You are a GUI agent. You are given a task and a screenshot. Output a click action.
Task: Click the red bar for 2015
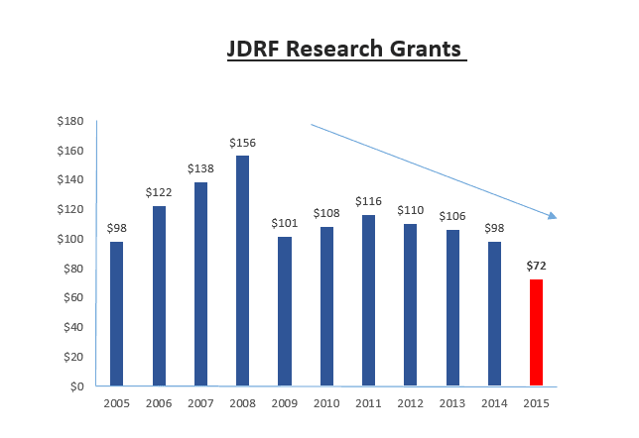[536, 332]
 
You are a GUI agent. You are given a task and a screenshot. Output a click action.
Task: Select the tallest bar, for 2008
[242, 271]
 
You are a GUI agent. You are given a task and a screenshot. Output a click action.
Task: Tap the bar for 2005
[116, 313]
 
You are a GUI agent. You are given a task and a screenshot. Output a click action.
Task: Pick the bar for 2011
[368, 300]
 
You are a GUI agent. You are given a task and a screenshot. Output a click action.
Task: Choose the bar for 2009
[285, 311]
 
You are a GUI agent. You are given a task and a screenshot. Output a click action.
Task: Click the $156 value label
[242, 143]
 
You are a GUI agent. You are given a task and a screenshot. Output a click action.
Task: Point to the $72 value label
[536, 266]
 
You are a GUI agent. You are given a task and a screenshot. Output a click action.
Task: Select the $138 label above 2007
[200, 168]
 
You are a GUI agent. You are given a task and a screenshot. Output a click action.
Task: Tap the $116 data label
[368, 201]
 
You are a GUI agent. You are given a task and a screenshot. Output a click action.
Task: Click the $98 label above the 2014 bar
[494, 228]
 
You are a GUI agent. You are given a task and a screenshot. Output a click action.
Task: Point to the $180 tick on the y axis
[70, 121]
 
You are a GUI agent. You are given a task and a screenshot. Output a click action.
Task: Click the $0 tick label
[76, 386]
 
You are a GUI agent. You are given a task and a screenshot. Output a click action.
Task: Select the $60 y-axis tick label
[73, 297]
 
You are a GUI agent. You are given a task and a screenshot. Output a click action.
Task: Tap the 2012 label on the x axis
[411, 403]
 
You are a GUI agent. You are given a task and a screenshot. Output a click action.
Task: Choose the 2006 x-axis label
[159, 403]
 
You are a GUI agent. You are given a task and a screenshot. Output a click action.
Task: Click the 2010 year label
[326, 403]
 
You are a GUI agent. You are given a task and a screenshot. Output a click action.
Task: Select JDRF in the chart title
[253, 49]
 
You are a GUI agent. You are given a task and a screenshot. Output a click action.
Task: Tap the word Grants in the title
[425, 49]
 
